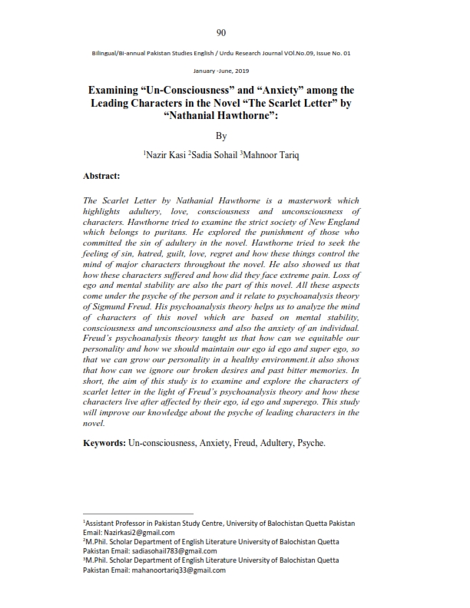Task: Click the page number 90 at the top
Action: point(221,32)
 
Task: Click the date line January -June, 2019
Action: point(221,71)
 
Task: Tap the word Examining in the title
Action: point(121,90)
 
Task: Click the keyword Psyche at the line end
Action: point(310,443)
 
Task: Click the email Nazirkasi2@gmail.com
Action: point(139,532)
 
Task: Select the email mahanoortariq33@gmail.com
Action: point(177,571)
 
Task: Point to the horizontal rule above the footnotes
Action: point(138,514)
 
